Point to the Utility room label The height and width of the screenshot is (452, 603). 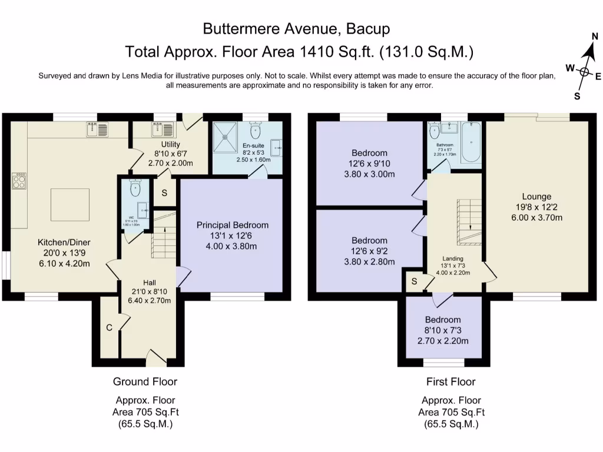(170, 144)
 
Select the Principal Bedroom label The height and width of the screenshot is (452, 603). (232, 225)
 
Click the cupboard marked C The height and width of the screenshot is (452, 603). (109, 327)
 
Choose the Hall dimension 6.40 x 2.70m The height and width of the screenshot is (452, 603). (151, 301)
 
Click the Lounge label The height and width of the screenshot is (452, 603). (536, 197)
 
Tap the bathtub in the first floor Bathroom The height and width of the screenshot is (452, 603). (471, 143)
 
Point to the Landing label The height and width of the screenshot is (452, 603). (453, 258)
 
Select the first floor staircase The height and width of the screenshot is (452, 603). (469, 222)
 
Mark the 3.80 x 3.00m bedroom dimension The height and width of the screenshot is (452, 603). (369, 174)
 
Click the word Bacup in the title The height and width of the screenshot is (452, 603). (367, 28)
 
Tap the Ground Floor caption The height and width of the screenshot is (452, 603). (145, 381)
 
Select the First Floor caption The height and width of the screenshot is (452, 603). (451, 381)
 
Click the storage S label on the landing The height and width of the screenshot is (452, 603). (415, 281)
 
